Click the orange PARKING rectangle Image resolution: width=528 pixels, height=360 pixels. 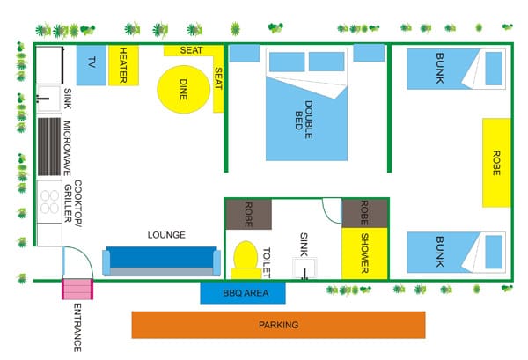[278, 325]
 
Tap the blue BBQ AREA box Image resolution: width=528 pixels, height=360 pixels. [242, 293]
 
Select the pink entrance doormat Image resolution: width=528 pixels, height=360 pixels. [77, 289]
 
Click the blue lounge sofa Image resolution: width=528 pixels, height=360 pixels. [160, 261]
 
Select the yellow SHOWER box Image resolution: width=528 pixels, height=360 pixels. [363, 253]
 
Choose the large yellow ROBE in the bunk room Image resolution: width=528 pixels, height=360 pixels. [496, 161]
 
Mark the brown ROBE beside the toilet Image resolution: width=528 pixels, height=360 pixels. [248, 214]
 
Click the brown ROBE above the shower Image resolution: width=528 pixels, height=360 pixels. [364, 214]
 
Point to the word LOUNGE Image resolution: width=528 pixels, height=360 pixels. [166, 235]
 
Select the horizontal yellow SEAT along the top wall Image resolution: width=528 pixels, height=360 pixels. [192, 50]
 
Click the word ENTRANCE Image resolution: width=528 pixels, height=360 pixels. [77, 327]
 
